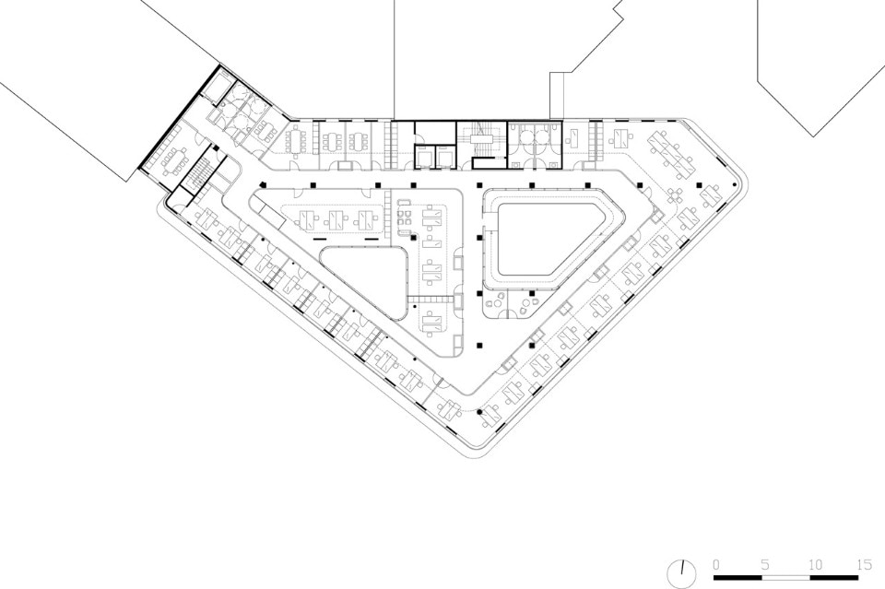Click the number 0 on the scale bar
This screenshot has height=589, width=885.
pos(716,564)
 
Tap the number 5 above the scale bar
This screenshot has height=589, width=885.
pos(765,564)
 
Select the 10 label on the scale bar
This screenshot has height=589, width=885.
pos(814,564)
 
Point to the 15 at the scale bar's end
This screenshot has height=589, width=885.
pos(864,564)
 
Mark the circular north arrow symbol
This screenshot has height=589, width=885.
pos(681,574)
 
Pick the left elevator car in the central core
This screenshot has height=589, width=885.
pos(425,157)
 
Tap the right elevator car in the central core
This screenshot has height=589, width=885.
pos(446,157)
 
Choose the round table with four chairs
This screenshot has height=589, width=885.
pos(676,195)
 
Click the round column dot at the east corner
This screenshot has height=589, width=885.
pos(735,184)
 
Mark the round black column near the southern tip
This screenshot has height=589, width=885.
pos(479,412)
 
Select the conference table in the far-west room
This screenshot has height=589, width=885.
pos(174,160)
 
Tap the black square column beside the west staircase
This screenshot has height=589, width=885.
pos(216,147)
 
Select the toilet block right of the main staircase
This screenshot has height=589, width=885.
pos(535,145)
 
